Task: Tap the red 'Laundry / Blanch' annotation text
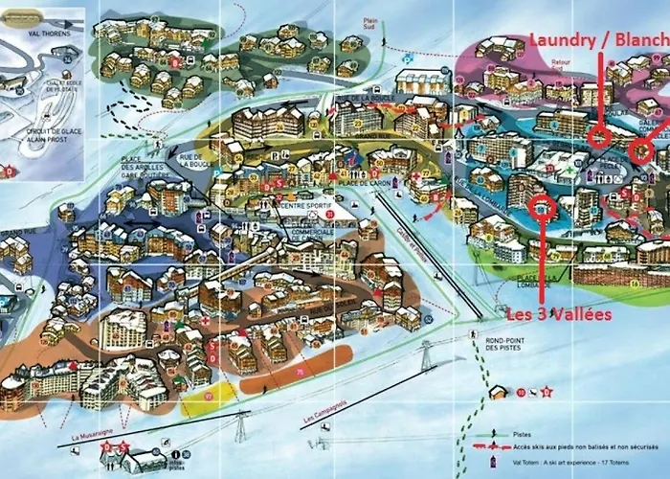[x=599, y=38]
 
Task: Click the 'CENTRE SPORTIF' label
[x=304, y=205]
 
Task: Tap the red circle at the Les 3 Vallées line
[x=543, y=204]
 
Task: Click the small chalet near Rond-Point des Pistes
[x=499, y=391]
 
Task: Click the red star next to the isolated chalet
[x=547, y=392]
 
